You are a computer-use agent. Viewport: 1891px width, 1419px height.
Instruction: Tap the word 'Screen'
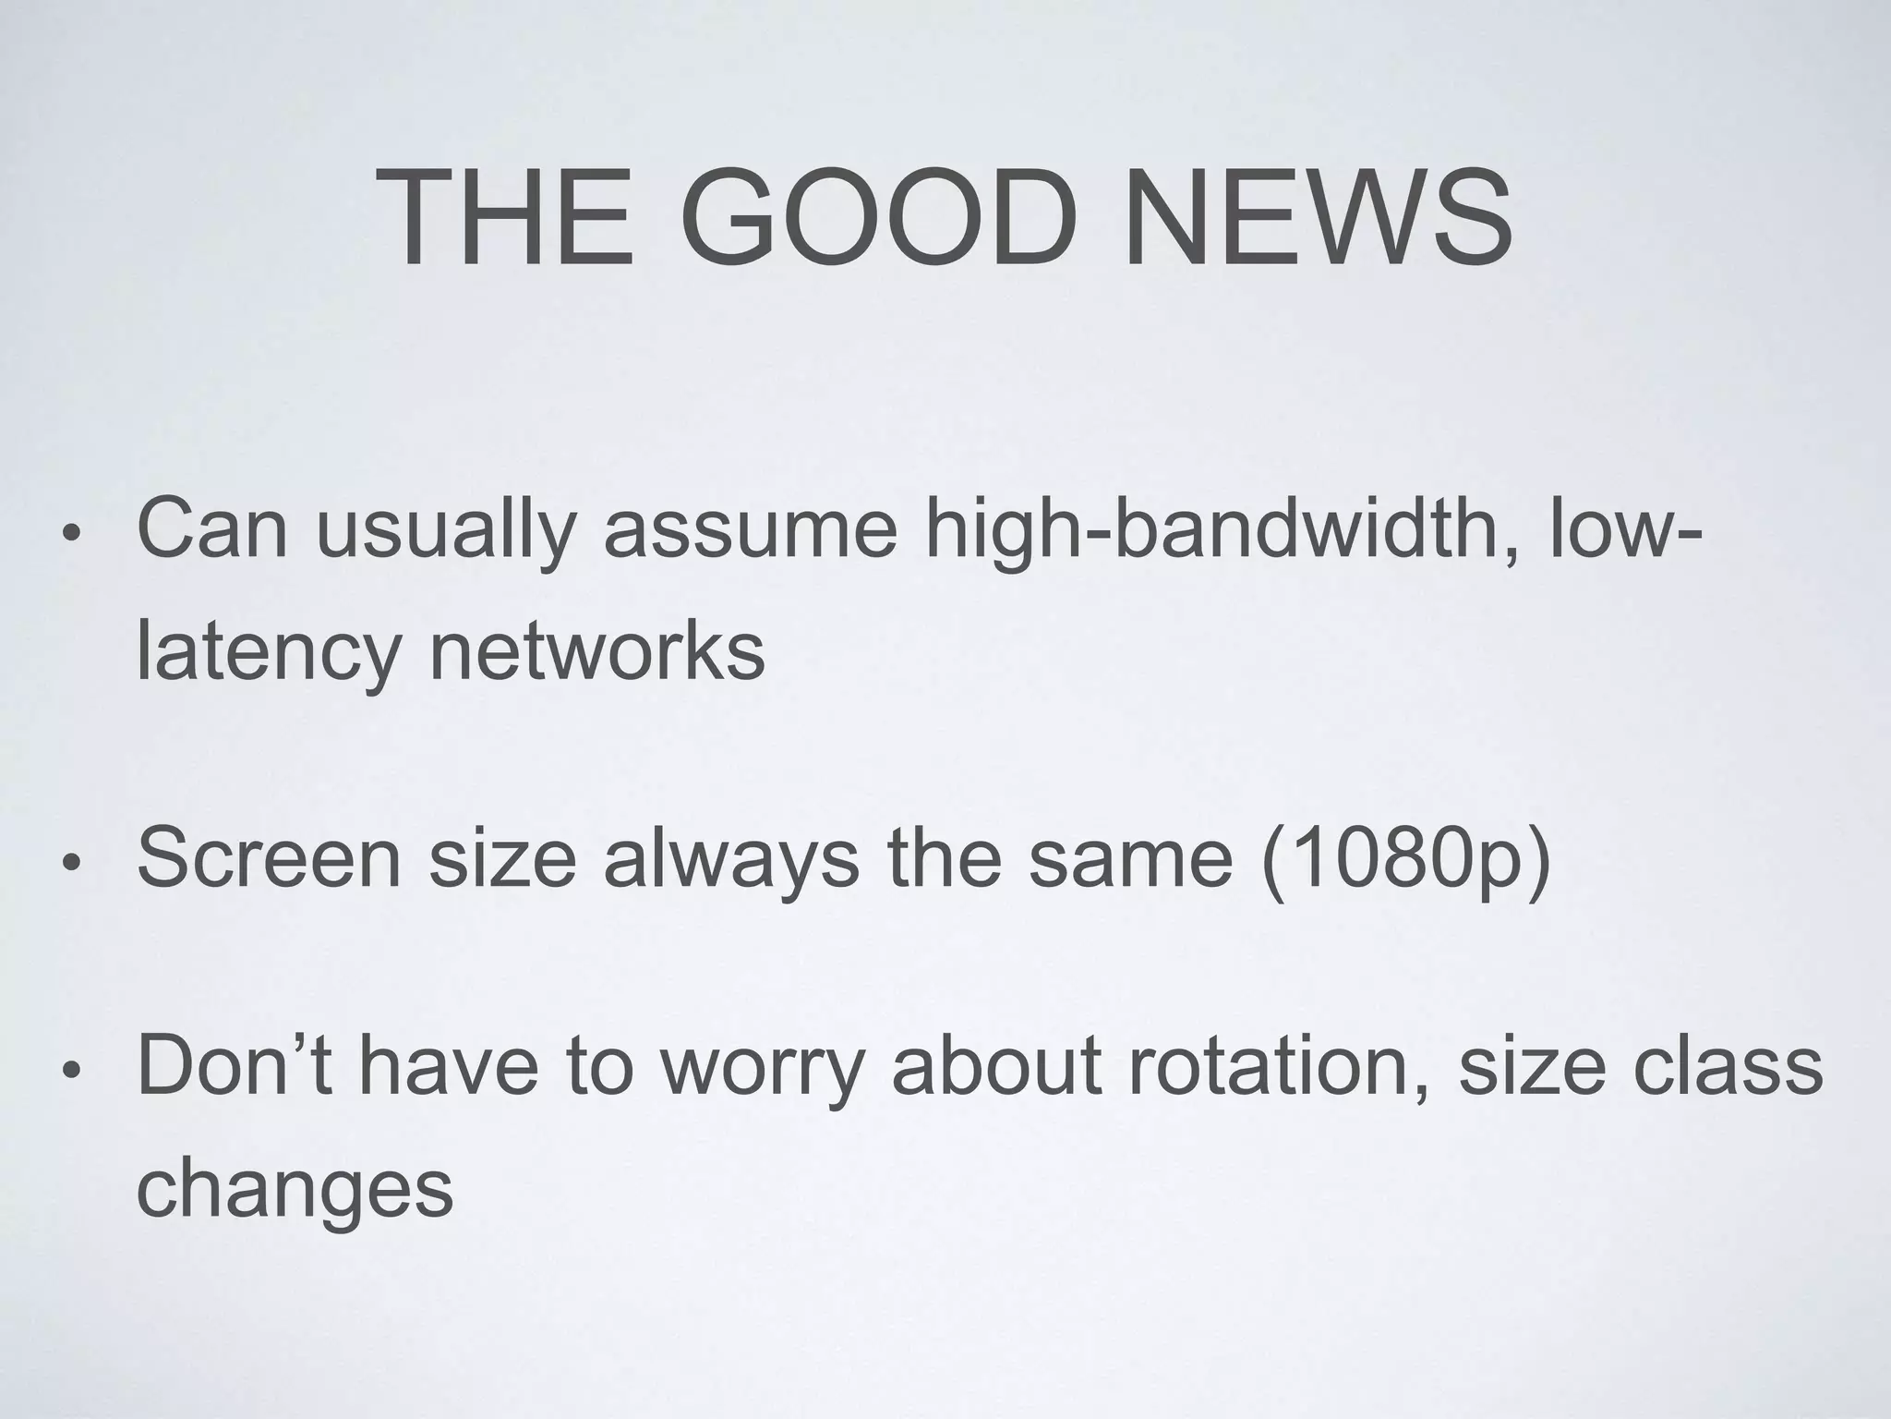click(269, 858)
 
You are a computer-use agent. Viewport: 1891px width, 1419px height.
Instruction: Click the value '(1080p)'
click(1404, 860)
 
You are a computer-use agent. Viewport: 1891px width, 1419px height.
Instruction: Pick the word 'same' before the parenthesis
click(1131, 860)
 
